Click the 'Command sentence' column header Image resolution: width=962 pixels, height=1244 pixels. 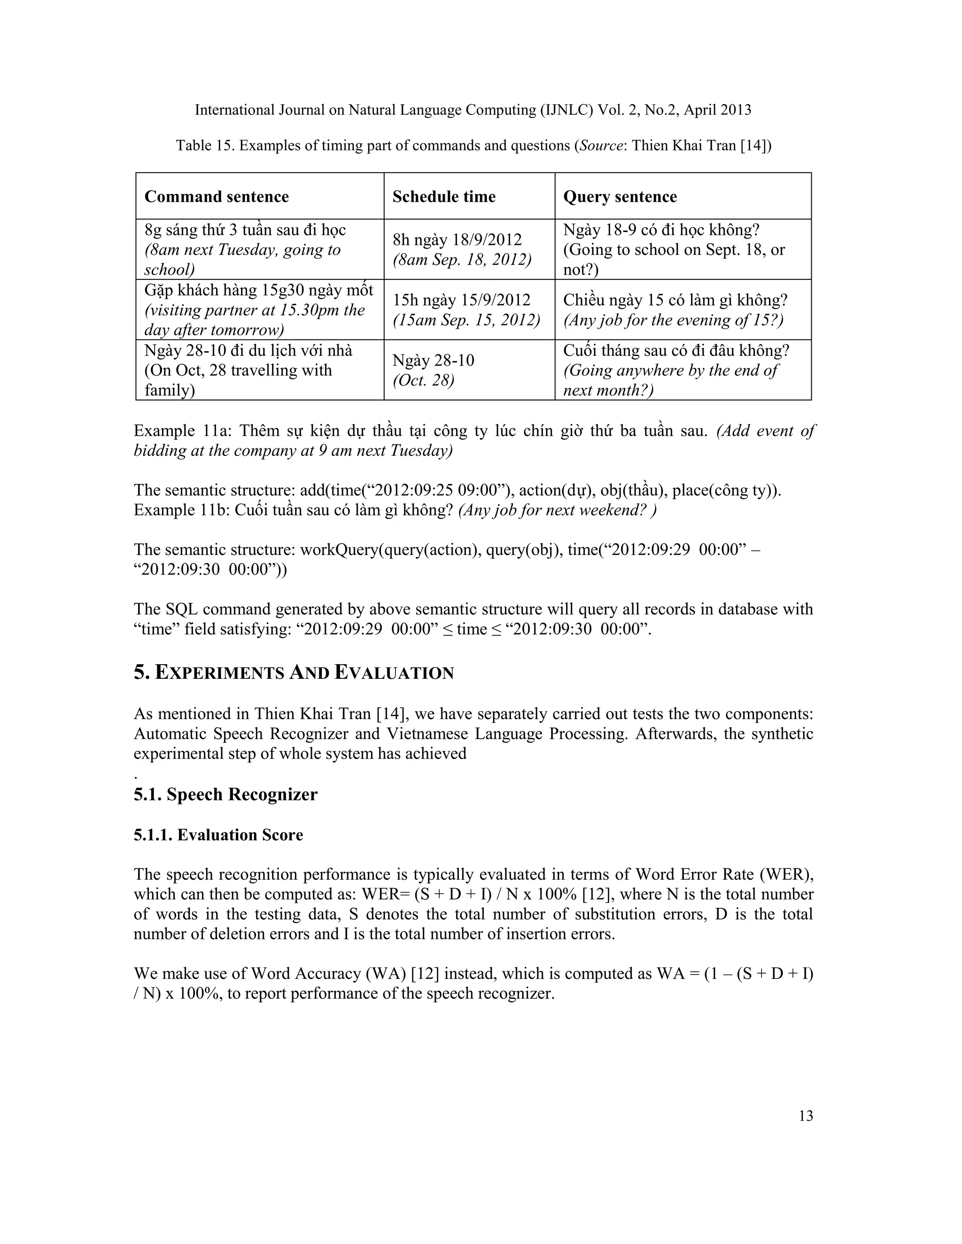pos(217,197)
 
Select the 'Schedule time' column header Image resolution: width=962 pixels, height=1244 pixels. pos(444,197)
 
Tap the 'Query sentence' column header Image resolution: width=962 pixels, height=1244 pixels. pos(620,197)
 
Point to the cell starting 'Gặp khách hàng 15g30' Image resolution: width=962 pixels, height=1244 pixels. pos(259,310)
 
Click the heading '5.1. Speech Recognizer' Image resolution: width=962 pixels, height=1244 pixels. pos(225,794)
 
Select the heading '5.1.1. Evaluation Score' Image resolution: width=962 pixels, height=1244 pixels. pos(218,835)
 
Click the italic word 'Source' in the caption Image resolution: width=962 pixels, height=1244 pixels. pos(598,146)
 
